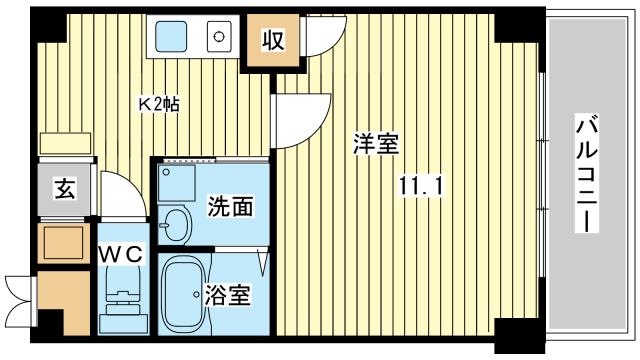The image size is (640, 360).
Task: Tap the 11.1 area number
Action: (x=420, y=185)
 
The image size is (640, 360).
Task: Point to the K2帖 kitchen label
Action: (x=158, y=103)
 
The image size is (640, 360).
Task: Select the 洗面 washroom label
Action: (x=230, y=207)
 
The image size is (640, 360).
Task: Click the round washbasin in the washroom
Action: (x=176, y=225)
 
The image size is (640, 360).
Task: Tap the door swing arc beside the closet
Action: (x=318, y=40)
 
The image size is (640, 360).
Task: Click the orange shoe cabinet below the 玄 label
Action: (x=62, y=241)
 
